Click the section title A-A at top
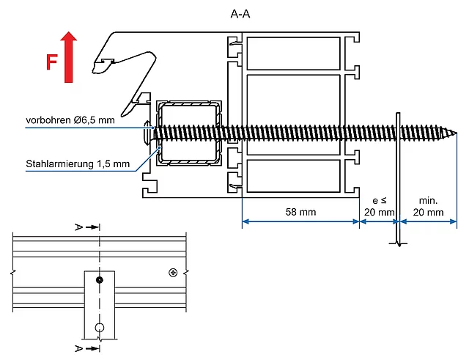point(240,14)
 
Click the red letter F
point(51,62)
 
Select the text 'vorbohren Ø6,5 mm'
point(70,120)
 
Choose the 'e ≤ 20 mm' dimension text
point(379,205)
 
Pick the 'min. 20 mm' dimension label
point(428,205)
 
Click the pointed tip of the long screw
point(455,133)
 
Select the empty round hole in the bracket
point(100,327)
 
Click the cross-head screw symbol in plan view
point(172,273)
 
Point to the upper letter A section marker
point(78,227)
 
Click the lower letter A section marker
point(78,348)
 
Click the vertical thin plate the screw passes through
point(396,176)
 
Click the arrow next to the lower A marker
point(92,348)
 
